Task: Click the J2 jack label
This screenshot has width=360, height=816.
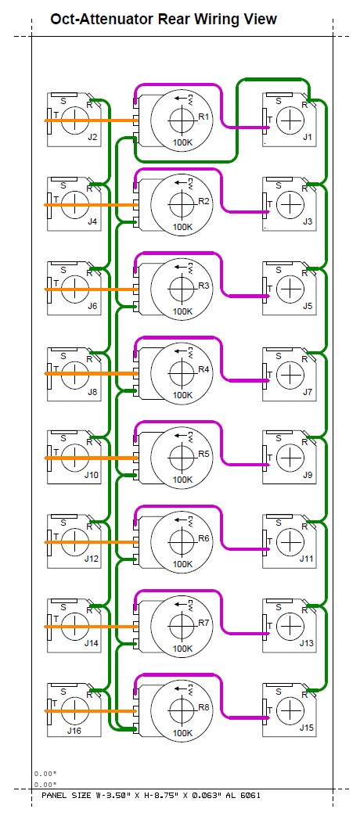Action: [x=92, y=138]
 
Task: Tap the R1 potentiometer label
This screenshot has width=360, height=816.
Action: [x=203, y=117]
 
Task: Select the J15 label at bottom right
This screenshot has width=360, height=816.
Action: [x=307, y=728]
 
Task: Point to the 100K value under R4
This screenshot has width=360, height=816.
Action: [x=182, y=395]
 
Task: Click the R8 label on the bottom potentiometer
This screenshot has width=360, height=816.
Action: [x=203, y=707]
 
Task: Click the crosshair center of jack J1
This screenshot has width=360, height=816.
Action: [x=290, y=120]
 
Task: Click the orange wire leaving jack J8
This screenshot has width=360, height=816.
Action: [x=91, y=373]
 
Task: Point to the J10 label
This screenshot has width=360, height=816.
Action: [x=91, y=475]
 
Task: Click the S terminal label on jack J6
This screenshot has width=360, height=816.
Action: [x=63, y=270]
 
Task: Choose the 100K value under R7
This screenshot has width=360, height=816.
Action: [x=182, y=649]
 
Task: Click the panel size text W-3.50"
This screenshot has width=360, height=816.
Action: [x=115, y=795]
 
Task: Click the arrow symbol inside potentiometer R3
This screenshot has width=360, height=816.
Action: [x=181, y=267]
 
